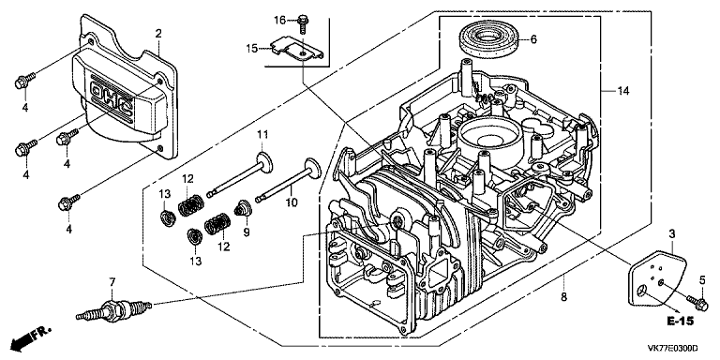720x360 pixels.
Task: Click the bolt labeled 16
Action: point(303,23)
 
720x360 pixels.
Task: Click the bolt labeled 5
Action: point(697,301)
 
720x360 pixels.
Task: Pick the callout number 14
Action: point(622,91)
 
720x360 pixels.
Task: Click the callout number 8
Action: point(563,297)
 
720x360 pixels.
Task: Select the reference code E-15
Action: point(681,321)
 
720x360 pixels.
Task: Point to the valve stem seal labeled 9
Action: point(242,209)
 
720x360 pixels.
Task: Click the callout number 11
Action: point(262,135)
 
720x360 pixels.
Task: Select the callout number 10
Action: point(292,202)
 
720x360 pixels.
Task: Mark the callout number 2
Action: point(157,33)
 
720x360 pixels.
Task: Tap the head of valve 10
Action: point(312,167)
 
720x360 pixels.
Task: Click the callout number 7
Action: point(111,280)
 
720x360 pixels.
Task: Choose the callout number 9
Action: point(247,232)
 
